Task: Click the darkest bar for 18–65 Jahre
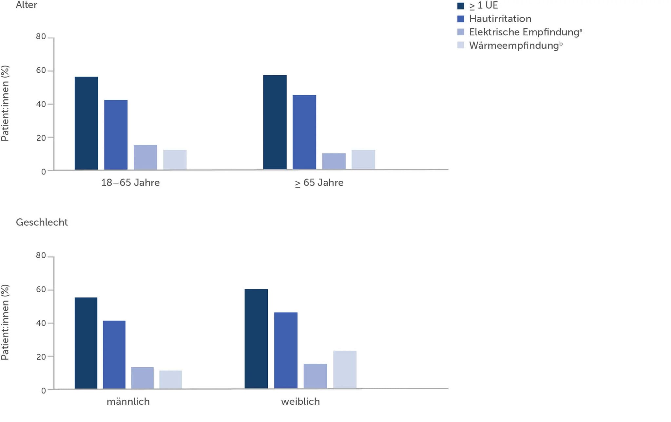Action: (86, 123)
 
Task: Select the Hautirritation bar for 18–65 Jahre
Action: (116, 135)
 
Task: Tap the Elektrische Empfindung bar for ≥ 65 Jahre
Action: (334, 161)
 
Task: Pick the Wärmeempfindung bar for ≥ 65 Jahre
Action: (363, 160)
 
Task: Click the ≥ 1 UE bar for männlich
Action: (86, 343)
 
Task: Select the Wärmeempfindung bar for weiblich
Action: (345, 370)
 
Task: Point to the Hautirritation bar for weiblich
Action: (286, 350)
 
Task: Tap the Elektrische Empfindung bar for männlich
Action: (142, 378)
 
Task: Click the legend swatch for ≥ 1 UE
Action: (460, 6)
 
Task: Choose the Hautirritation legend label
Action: (500, 19)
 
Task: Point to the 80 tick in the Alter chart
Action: (41, 37)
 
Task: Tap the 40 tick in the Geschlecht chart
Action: (41, 323)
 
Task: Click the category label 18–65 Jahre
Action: (130, 183)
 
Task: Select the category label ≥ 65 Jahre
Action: (319, 183)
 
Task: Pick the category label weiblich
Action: (300, 402)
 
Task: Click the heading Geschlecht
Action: (42, 222)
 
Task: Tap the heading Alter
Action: (27, 5)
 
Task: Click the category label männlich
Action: (128, 402)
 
